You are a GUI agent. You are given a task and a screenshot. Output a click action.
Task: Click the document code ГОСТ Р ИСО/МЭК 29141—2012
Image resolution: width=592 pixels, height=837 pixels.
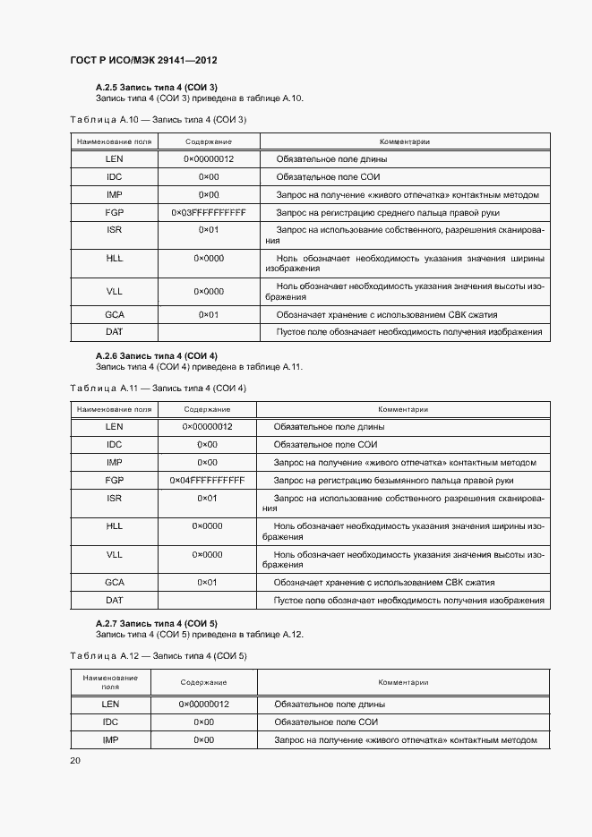144,60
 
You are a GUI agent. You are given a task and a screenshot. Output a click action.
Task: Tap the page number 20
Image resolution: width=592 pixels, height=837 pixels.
75,760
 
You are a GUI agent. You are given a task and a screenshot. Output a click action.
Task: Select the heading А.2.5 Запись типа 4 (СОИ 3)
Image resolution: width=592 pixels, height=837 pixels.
157,87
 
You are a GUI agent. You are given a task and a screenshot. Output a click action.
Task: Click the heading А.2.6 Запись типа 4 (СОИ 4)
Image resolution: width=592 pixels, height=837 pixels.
157,355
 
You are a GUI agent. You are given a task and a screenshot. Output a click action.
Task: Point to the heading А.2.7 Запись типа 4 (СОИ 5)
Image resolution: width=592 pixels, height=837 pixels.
157,623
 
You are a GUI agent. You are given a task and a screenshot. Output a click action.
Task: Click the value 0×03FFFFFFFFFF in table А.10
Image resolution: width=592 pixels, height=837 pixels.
209,213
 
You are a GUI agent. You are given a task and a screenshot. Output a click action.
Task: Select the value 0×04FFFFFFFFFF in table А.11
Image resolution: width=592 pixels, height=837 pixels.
207,481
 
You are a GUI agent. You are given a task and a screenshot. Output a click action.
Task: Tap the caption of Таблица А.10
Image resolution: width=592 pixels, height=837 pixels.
158,119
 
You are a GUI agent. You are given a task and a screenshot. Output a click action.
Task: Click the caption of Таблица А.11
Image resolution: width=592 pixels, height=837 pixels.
158,388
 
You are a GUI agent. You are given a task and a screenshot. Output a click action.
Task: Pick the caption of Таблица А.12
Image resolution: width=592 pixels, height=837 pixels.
158,656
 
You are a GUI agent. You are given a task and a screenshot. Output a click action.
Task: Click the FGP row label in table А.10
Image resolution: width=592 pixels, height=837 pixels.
114,213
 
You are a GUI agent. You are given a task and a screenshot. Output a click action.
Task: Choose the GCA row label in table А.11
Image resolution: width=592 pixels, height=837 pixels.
114,582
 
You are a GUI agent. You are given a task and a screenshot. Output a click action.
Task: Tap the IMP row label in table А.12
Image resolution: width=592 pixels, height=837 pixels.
110,740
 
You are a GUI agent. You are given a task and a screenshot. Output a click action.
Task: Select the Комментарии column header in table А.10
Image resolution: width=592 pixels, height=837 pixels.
404,141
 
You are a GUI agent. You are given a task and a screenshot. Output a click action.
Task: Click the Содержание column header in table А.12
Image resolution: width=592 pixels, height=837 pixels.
204,682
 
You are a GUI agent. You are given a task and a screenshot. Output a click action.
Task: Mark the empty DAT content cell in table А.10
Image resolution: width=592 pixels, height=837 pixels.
209,332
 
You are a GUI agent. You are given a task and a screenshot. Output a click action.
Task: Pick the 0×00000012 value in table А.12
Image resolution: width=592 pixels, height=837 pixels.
204,705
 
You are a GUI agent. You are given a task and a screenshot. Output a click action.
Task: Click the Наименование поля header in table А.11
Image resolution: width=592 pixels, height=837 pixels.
114,409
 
